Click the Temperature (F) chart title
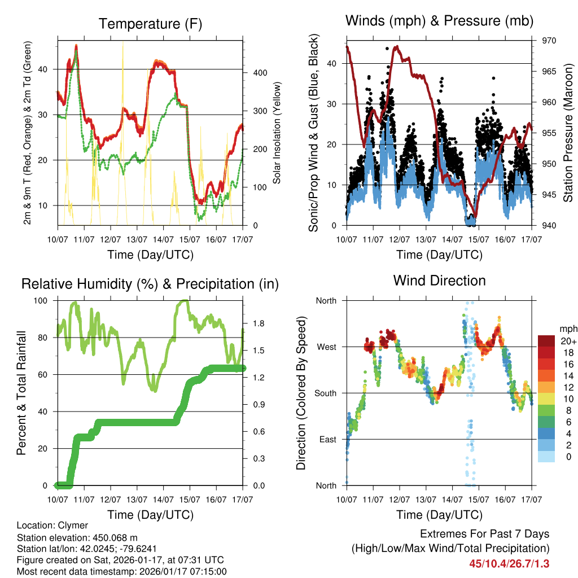150,24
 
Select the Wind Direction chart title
439,280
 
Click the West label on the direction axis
326,347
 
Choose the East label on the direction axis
327,439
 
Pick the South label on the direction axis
325,393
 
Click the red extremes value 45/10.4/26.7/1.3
509,563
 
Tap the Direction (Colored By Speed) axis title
301,393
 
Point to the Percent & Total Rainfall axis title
21,393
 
